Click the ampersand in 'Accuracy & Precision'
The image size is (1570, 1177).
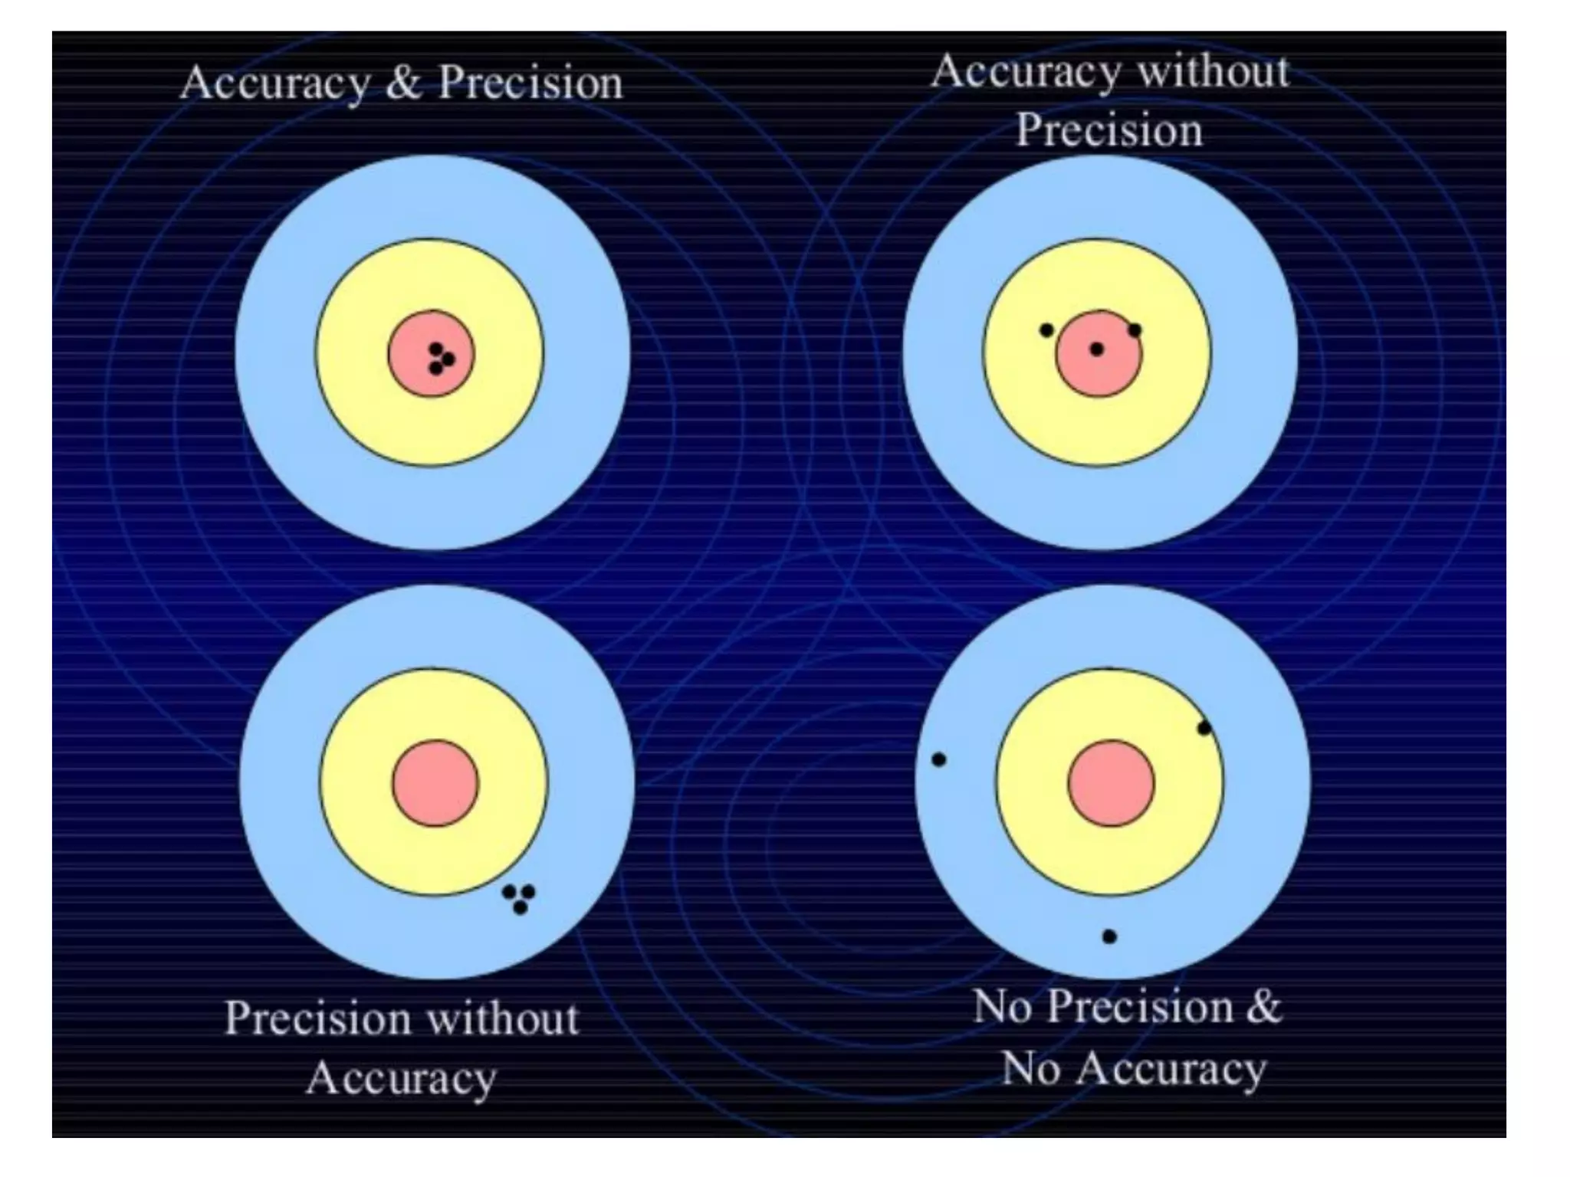404,83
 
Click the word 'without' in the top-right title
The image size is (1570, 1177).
1212,72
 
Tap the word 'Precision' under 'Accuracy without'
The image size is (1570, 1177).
1109,130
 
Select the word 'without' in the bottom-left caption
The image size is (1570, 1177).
502,1019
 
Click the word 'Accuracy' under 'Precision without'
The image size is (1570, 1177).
401,1078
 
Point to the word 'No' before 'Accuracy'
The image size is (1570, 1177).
1030,1068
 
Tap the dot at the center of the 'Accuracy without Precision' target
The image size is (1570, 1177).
1097,349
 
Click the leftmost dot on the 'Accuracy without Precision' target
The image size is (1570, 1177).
1046,330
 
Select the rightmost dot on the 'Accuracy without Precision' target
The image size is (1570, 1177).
1135,330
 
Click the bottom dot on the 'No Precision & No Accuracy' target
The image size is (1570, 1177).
1109,936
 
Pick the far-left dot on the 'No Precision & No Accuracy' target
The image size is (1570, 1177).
938,759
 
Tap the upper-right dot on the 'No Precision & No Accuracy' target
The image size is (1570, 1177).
1204,728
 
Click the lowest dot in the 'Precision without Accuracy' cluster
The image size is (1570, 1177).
521,908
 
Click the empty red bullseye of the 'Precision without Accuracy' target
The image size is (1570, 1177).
435,783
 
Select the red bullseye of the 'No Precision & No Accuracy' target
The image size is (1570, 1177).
1111,783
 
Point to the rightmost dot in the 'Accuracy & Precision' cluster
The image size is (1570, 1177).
448,359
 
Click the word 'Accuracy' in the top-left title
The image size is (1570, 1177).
274,83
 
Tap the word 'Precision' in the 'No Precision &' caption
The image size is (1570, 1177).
1140,1006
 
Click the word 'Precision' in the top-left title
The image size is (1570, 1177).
530,83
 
